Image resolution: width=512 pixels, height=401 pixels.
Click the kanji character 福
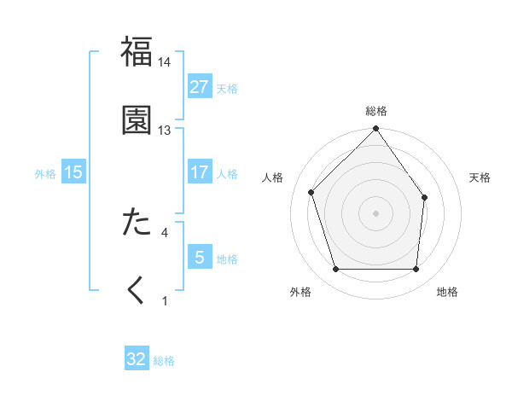coord(137,52)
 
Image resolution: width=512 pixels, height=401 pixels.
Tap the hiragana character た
coord(137,223)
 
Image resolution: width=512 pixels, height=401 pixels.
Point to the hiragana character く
coord(137,291)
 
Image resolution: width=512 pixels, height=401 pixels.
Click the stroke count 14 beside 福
coord(165,62)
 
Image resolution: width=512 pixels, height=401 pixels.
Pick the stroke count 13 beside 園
coord(165,131)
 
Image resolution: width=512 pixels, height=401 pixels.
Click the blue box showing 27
coord(200,87)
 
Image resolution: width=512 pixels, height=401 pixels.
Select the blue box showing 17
coord(200,172)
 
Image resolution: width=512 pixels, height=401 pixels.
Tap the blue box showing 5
coord(200,258)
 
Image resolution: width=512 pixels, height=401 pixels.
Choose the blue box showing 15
coord(73,172)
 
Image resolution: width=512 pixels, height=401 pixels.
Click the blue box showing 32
coord(137,359)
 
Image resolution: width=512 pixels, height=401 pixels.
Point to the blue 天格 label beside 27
coord(227,89)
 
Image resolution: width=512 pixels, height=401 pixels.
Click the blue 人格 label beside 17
coord(227,174)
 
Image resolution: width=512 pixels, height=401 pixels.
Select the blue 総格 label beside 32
coord(164,361)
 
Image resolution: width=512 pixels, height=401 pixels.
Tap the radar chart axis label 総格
coord(376,111)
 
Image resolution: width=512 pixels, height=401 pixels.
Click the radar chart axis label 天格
coord(480,177)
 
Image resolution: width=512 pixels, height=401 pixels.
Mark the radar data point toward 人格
coord(311,192)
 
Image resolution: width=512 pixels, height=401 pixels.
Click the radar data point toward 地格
coord(416,270)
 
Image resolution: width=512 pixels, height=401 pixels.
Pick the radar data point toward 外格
coord(335,270)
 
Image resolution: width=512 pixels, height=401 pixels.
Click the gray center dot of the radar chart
coord(376,212)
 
